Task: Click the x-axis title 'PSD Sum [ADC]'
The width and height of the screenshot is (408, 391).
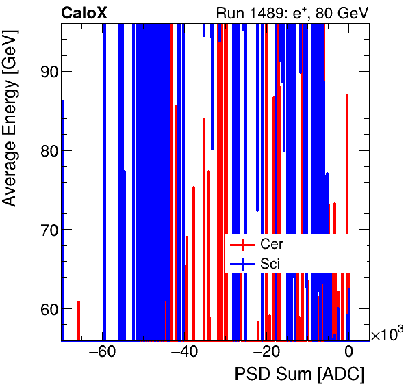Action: click(x=299, y=375)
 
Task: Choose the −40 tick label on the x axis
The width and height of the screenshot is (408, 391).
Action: click(x=184, y=353)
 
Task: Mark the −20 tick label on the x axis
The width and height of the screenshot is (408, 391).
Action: click(x=266, y=353)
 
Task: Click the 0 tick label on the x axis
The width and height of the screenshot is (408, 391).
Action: click(x=348, y=353)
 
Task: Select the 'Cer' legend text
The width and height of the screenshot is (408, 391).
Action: click(x=272, y=244)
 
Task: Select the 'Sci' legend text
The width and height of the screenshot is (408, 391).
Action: click(x=270, y=263)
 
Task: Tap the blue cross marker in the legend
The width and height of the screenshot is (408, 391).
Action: click(x=242, y=263)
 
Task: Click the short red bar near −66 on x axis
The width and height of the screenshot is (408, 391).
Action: click(x=79, y=320)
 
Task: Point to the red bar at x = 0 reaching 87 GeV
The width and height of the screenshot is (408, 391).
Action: click(x=347, y=205)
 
